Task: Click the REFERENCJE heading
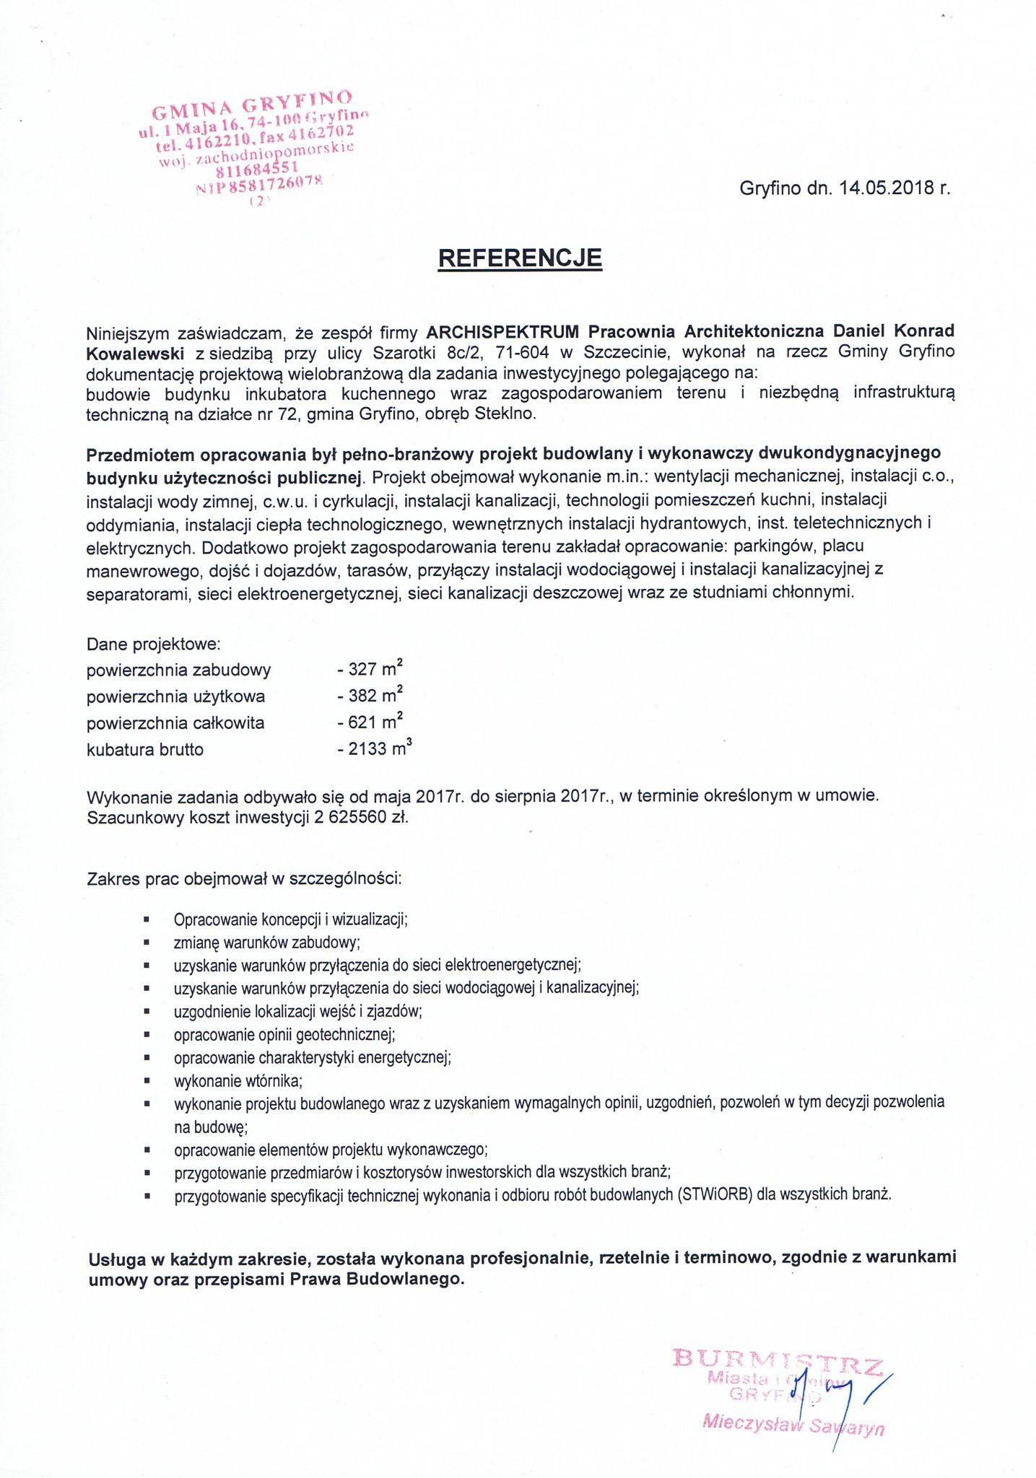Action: click(519, 258)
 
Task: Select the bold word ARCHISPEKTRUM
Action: click(502, 331)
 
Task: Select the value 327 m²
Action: click(370, 668)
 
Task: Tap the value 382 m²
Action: click(370, 695)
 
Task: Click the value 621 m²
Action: click(370, 722)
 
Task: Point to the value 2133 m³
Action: click(374, 748)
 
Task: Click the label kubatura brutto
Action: click(144, 749)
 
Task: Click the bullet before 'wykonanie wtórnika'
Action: click(147, 1081)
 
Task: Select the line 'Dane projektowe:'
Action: click(153, 643)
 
